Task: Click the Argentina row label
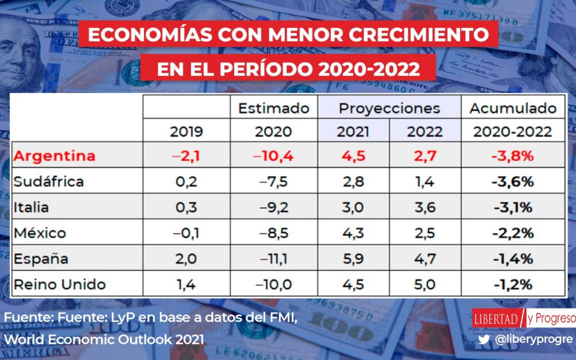click(x=54, y=156)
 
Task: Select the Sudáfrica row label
click(x=49, y=181)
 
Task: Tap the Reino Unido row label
click(x=59, y=284)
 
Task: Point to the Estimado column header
click(x=274, y=108)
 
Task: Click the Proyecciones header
click(x=389, y=108)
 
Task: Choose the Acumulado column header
click(x=513, y=108)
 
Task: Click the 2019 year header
click(x=186, y=132)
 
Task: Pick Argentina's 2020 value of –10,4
click(x=274, y=156)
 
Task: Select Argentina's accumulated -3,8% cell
click(x=513, y=156)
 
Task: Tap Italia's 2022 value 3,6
click(x=425, y=207)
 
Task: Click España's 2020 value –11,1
click(x=274, y=259)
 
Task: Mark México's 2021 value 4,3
click(x=353, y=233)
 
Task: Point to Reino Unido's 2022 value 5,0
click(x=425, y=284)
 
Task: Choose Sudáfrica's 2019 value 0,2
click(x=186, y=181)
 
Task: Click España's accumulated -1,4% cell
click(x=513, y=259)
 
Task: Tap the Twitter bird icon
click(x=484, y=339)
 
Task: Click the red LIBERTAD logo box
click(x=495, y=318)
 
